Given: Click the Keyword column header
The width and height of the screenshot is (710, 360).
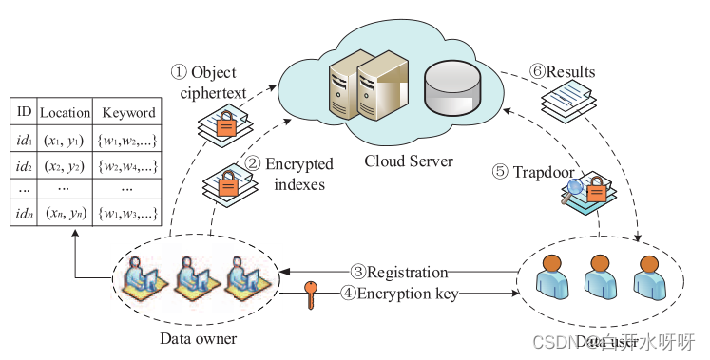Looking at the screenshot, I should point(127,112).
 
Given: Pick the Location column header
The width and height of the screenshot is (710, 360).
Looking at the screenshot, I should point(66,112).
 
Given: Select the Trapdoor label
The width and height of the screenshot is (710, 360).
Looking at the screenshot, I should point(528,172).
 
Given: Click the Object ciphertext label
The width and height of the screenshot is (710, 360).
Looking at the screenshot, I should point(208,82).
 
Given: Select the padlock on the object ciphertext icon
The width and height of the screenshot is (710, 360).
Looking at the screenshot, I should point(224,123).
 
